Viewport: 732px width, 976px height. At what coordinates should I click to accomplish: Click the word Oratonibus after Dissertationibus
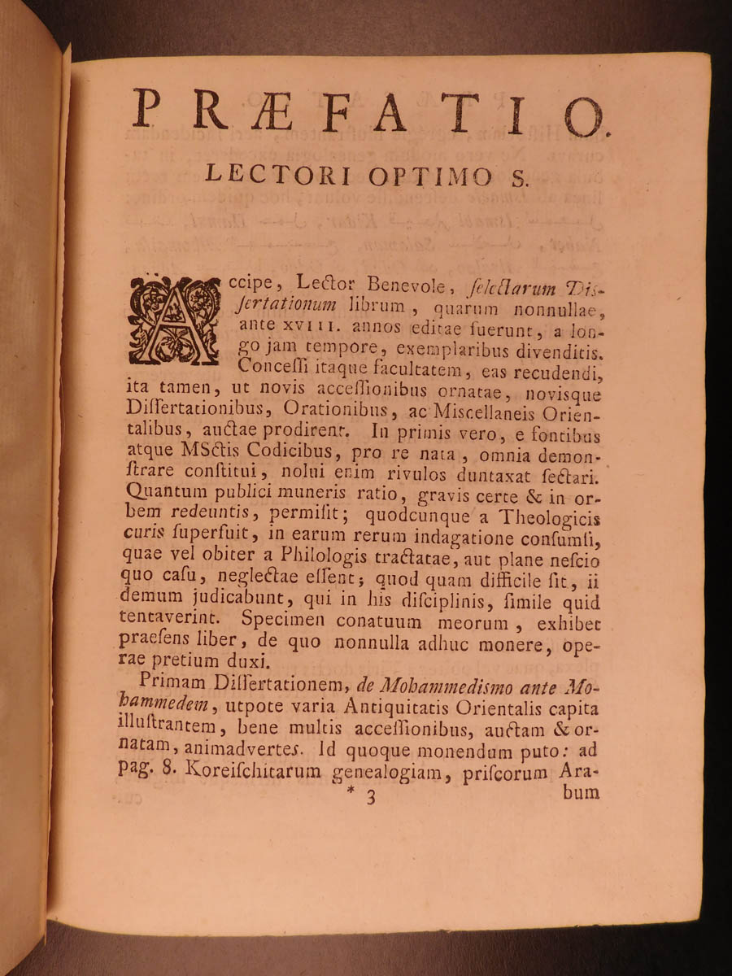click(x=346, y=416)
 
